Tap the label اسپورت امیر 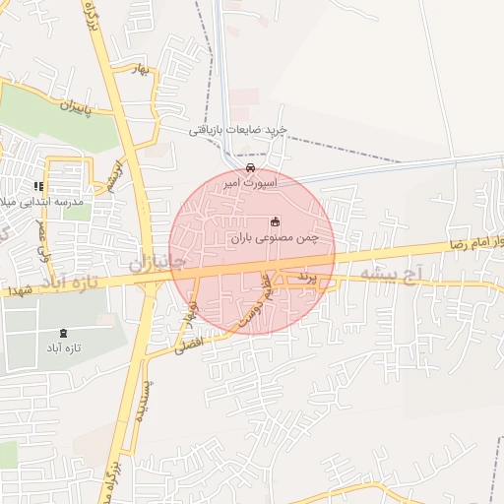coord(250,183)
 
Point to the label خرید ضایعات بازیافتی coord(238,130)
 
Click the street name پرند coord(307,281)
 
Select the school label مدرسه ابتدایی coord(46,201)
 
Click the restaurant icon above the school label coord(38,185)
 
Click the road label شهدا coord(20,290)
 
